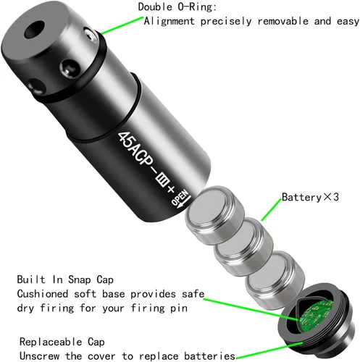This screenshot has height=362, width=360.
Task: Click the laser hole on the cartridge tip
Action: [x=35, y=30]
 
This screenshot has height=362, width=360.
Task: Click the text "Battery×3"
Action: [x=310, y=197]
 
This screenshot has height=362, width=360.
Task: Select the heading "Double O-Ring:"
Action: [x=177, y=7]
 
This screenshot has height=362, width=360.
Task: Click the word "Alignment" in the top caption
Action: [x=169, y=21]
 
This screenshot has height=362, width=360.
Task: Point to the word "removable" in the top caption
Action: [x=282, y=21]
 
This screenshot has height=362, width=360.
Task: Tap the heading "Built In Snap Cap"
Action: [x=65, y=279]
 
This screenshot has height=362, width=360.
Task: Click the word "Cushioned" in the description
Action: [x=43, y=294]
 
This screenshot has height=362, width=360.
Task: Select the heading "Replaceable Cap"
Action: [x=62, y=342]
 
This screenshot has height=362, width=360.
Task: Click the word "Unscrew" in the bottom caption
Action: [x=39, y=356]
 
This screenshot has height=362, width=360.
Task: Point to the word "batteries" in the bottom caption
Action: [x=209, y=356]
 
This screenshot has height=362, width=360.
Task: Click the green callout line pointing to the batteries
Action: [x=272, y=211]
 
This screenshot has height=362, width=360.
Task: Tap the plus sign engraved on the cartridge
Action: [x=171, y=189]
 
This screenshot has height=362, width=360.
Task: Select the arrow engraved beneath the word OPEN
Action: [x=185, y=203]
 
